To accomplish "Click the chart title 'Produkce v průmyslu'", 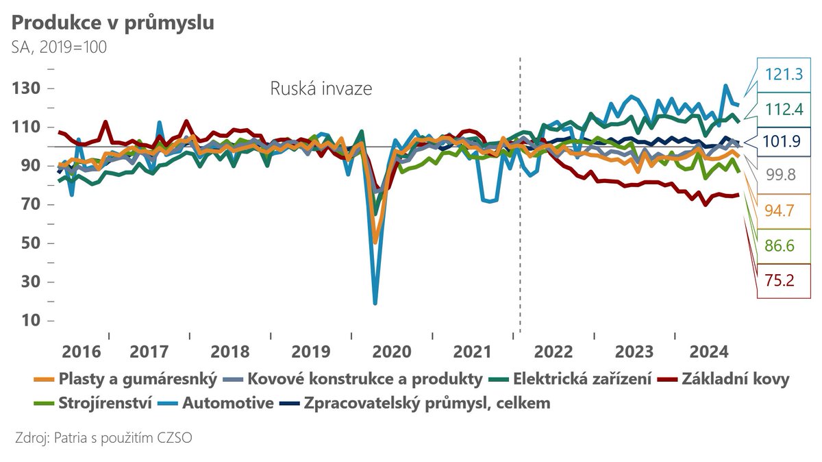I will [x=112, y=23].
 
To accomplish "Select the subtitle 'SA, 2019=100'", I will [x=58, y=47].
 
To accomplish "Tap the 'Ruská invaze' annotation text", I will [x=321, y=89].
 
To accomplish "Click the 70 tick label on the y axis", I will [x=29, y=204].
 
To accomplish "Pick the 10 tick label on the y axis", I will [x=29, y=321].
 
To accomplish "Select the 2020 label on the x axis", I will [x=390, y=352].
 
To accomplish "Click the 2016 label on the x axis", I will [x=82, y=352].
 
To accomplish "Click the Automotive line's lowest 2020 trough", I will [x=375, y=302].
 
